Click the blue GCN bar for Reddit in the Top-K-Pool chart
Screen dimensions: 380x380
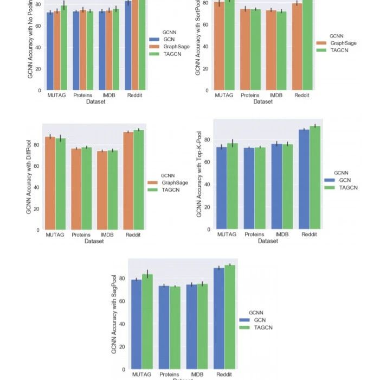(x=304, y=179)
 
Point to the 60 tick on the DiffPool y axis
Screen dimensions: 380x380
(x=37, y=166)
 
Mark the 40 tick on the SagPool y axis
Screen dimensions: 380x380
(x=123, y=324)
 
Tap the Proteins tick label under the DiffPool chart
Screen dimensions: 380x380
(x=81, y=235)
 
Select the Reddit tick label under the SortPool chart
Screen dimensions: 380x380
(x=301, y=96)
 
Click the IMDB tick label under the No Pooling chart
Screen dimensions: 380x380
(x=106, y=96)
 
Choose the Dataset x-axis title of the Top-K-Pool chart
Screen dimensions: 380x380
(x=268, y=241)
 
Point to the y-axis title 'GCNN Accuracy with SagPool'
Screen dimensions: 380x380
(x=114, y=315)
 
